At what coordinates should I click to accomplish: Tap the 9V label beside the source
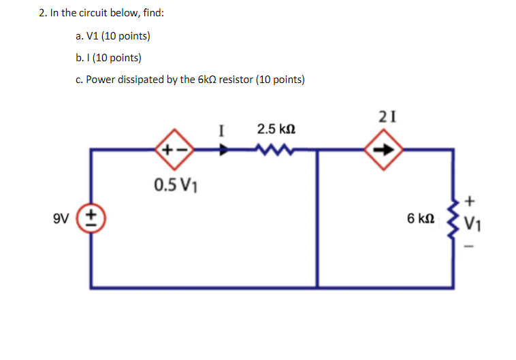(x=62, y=218)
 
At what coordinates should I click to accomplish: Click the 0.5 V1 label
(x=172, y=184)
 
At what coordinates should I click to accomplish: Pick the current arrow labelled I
(x=223, y=150)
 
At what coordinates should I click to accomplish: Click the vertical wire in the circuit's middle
(x=317, y=218)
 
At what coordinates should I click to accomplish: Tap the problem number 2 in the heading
(x=42, y=12)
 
